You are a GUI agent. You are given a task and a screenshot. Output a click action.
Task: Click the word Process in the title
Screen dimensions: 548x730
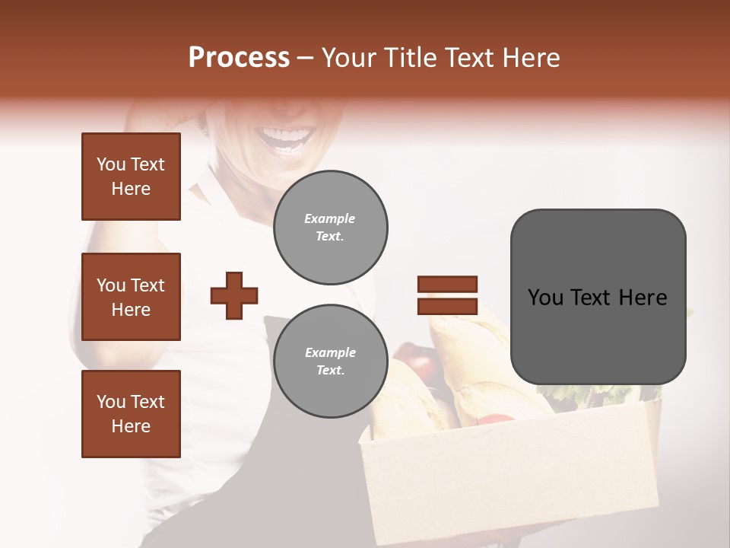(x=239, y=57)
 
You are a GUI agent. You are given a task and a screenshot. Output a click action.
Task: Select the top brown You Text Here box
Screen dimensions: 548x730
(x=131, y=177)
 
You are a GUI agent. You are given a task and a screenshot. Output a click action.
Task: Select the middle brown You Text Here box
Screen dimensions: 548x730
(x=131, y=297)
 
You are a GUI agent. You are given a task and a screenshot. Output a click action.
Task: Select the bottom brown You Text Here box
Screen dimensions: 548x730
(x=131, y=414)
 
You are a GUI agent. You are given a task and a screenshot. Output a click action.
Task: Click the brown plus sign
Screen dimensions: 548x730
(x=234, y=295)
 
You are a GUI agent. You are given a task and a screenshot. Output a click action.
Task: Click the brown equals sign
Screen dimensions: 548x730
(x=447, y=295)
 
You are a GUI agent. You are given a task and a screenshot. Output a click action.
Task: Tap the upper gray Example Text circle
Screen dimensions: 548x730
(x=330, y=228)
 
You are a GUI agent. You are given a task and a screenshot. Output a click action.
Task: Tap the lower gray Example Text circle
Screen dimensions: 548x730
(x=330, y=362)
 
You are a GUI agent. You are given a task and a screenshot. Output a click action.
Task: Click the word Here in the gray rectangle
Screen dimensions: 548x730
(x=643, y=298)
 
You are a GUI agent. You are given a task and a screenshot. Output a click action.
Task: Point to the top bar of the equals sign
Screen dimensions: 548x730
(x=447, y=285)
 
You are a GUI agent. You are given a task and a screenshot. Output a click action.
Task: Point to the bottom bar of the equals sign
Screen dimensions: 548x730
(x=447, y=306)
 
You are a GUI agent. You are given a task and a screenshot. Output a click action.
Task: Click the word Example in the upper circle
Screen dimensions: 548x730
(x=330, y=218)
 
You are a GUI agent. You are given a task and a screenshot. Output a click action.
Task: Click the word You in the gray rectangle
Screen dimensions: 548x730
(x=545, y=298)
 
